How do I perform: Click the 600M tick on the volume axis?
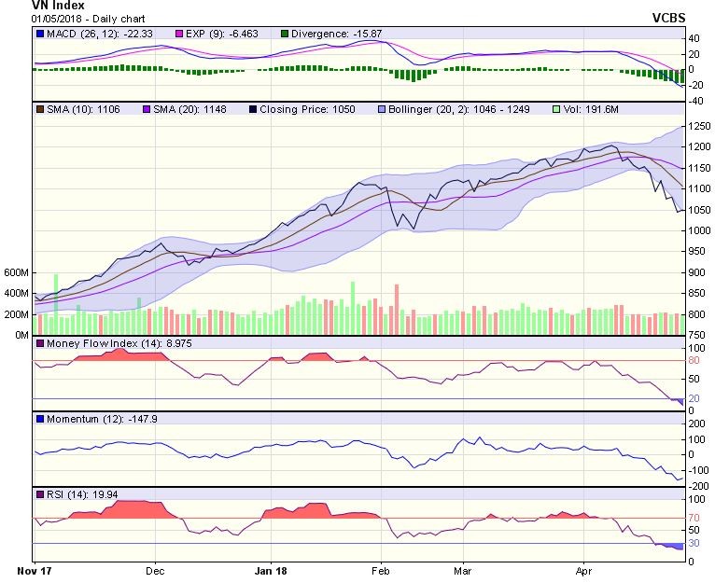[16, 273]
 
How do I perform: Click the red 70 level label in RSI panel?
[694, 517]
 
